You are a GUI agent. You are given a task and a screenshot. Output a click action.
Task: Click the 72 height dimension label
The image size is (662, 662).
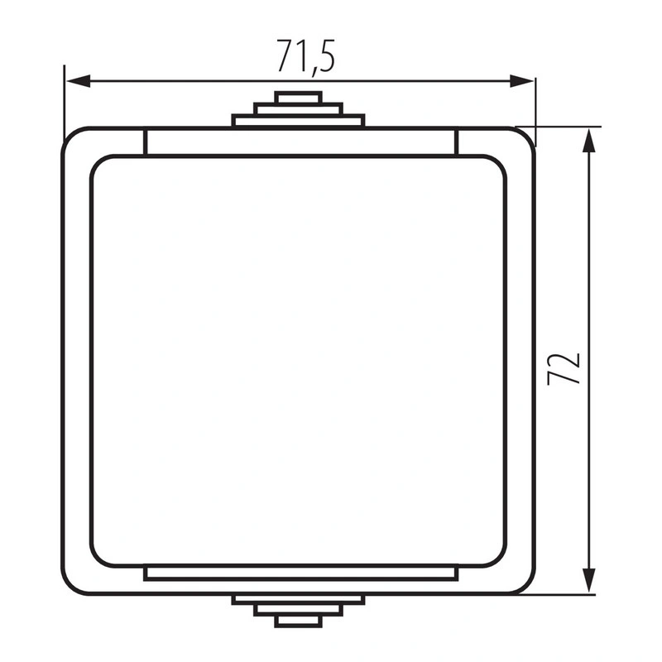coord(564,368)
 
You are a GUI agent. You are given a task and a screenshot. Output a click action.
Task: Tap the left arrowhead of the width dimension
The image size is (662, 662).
coord(79,81)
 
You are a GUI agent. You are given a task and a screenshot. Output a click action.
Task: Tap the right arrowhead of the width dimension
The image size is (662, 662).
coord(522,81)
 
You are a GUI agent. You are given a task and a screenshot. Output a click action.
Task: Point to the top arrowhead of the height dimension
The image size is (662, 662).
coord(588,140)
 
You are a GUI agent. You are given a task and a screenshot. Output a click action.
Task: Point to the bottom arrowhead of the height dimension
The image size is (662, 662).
coord(588,581)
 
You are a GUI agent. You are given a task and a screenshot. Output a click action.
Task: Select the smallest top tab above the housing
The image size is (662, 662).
coord(298,98)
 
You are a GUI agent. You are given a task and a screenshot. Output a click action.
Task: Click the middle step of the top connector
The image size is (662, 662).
coord(298,109)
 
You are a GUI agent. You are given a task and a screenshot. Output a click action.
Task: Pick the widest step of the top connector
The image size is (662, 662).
coord(298,121)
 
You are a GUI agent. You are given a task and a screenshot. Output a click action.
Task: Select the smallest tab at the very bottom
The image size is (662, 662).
coord(298,621)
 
